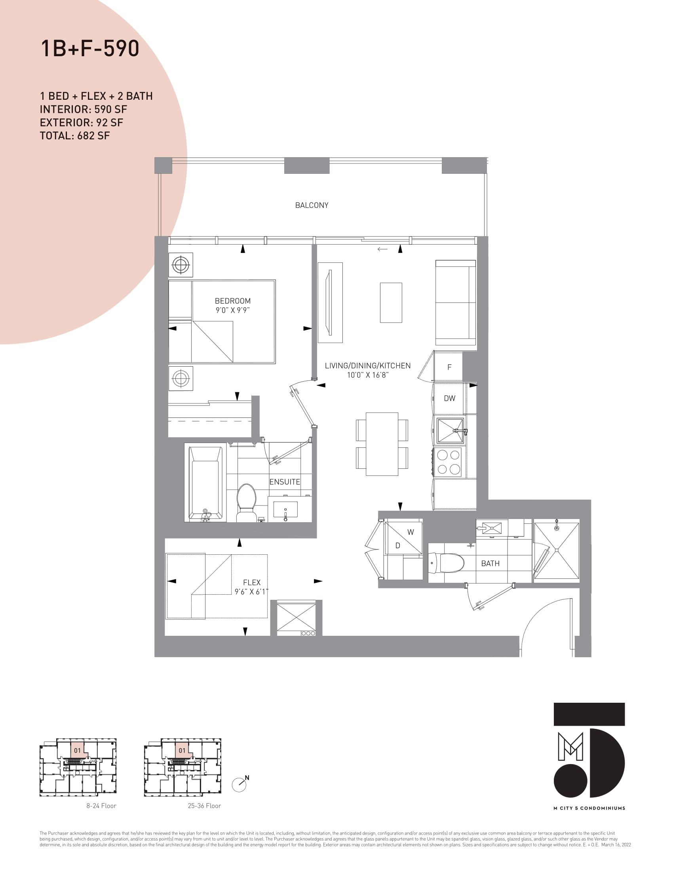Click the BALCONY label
pyautogui.click(x=312, y=205)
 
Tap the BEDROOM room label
pyautogui.click(x=232, y=301)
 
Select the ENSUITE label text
pyautogui.click(x=284, y=482)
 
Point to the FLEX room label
pyautogui.click(x=251, y=582)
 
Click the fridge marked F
pyautogui.click(x=449, y=367)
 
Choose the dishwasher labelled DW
pyautogui.click(x=449, y=398)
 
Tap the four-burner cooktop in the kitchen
pyautogui.click(x=449, y=462)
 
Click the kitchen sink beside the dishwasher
pyautogui.click(x=450, y=430)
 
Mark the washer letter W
pyautogui.click(x=411, y=532)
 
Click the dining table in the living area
pyautogui.click(x=382, y=444)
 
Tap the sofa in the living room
pyautogui.click(x=456, y=302)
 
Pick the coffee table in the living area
pyautogui.click(x=391, y=303)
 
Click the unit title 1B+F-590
pyautogui.click(x=90, y=48)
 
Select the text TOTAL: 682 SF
pyautogui.click(x=74, y=136)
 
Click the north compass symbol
pyautogui.click(x=239, y=785)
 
